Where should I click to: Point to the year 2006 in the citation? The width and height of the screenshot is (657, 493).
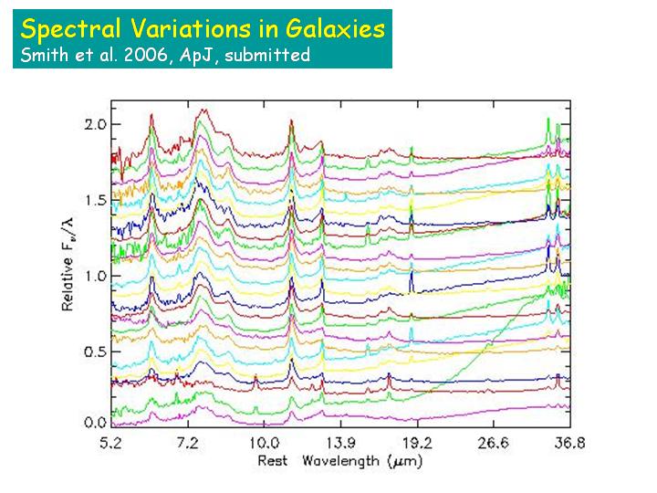pyautogui.click(x=140, y=55)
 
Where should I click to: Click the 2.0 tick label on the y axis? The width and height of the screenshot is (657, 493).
pyautogui.click(x=95, y=124)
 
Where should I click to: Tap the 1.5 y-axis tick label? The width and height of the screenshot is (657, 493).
pyautogui.click(x=95, y=200)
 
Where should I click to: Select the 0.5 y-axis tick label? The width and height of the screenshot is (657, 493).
pyautogui.click(x=95, y=351)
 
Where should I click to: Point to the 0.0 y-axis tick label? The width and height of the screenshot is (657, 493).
pyautogui.click(x=95, y=424)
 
